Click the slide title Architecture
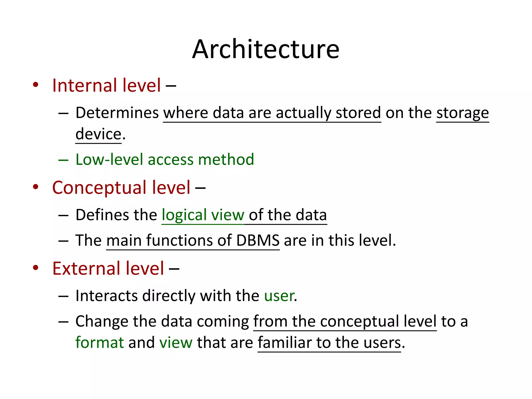click(x=266, y=49)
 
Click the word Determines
click(x=117, y=113)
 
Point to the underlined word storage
click(x=462, y=114)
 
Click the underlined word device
click(x=98, y=134)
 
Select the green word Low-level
click(x=109, y=159)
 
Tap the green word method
click(x=226, y=159)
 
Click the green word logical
click(x=184, y=215)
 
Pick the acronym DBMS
click(x=258, y=240)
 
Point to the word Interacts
click(x=107, y=296)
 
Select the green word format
click(x=99, y=343)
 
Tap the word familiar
click(x=284, y=343)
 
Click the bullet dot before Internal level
click(x=36, y=85)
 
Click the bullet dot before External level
click(x=36, y=268)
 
